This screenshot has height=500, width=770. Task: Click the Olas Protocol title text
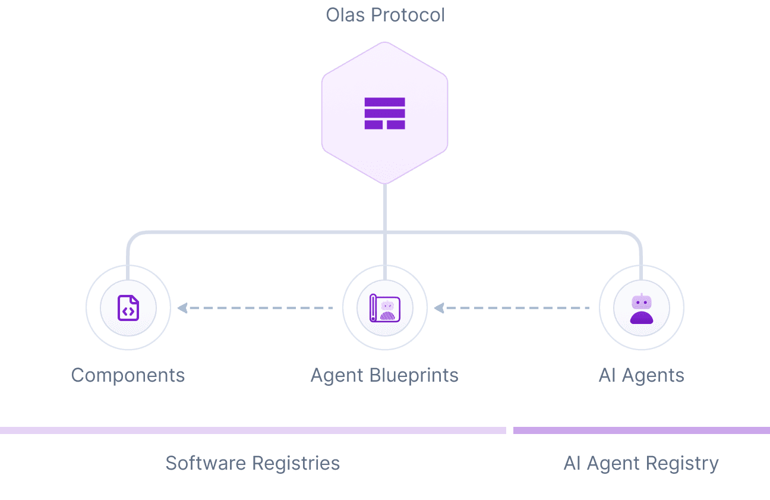[385, 15]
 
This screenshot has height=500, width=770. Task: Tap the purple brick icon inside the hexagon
[384, 113]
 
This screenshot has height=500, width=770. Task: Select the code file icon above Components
[128, 308]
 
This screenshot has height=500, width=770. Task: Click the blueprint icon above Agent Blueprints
[385, 308]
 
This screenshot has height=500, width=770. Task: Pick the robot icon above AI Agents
[642, 308]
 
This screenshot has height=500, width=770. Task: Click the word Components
[128, 376]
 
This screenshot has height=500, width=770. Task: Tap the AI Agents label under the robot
[641, 376]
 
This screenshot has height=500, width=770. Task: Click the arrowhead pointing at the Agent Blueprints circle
[439, 308]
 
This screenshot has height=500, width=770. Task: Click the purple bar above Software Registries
[253, 430]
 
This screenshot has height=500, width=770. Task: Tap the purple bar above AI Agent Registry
[642, 430]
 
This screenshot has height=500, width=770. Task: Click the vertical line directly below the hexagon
[385, 208]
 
